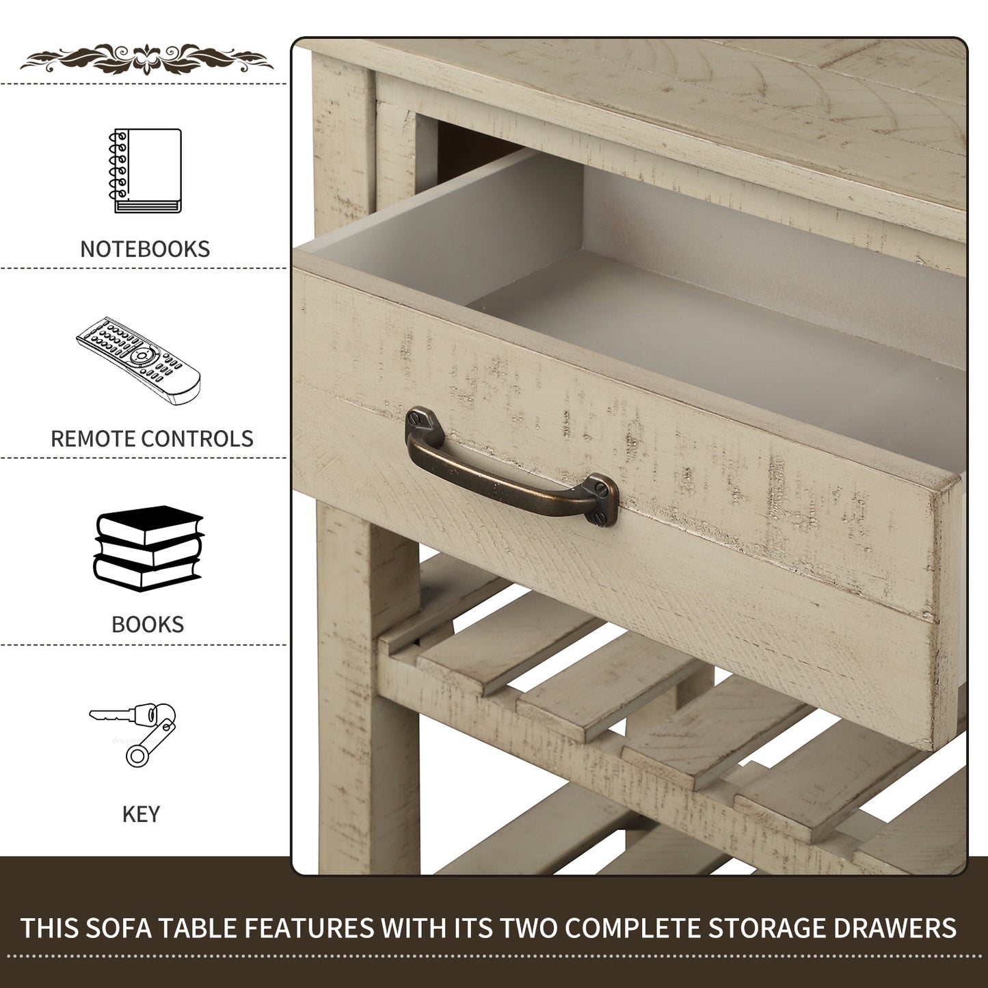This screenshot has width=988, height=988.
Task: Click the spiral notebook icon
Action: click(145, 171)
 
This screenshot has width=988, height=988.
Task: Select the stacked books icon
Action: click(148, 548)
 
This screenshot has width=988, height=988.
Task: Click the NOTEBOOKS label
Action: click(145, 249)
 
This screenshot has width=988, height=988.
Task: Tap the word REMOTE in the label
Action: click(92, 439)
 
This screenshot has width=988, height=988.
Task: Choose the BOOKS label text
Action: click(148, 624)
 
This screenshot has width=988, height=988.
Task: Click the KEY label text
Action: click(141, 814)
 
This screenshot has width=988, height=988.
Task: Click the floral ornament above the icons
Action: click(147, 59)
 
